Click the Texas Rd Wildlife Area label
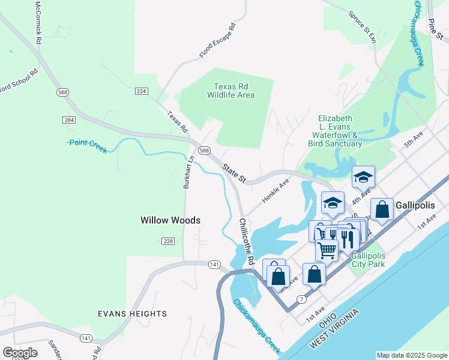231,91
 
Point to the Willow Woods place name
170,220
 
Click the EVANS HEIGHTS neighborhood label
133,314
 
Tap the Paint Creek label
88,146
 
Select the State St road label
234,173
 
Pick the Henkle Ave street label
276,190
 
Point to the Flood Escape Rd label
217,41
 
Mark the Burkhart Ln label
187,172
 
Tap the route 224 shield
142,91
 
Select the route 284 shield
68,119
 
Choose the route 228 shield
168,241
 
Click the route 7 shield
301,298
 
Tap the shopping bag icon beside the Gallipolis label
382,209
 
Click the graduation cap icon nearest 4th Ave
363,177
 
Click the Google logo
20,353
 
